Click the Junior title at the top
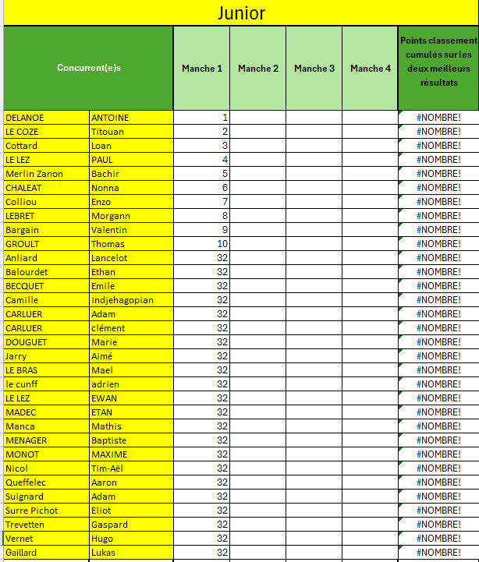coord(240,13)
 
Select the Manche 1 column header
coord(202,69)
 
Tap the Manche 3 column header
coord(314,69)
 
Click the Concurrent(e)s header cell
coord(89,69)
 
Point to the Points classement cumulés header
coord(438,61)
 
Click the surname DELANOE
coord(25,118)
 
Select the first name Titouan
coord(108,132)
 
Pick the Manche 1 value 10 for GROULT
coord(222,244)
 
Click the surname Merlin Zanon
coord(34,174)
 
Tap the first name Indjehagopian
coord(122,300)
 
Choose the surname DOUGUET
coord(27,342)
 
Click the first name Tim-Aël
coord(108,468)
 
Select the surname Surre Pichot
coord(32,511)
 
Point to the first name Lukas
coord(104,553)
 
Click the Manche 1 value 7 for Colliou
coord(225,202)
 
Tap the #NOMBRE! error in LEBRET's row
coord(438,216)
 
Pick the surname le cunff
coord(21,384)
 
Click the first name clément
coord(108,328)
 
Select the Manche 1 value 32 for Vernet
coord(222,539)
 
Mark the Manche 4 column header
coord(371,69)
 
